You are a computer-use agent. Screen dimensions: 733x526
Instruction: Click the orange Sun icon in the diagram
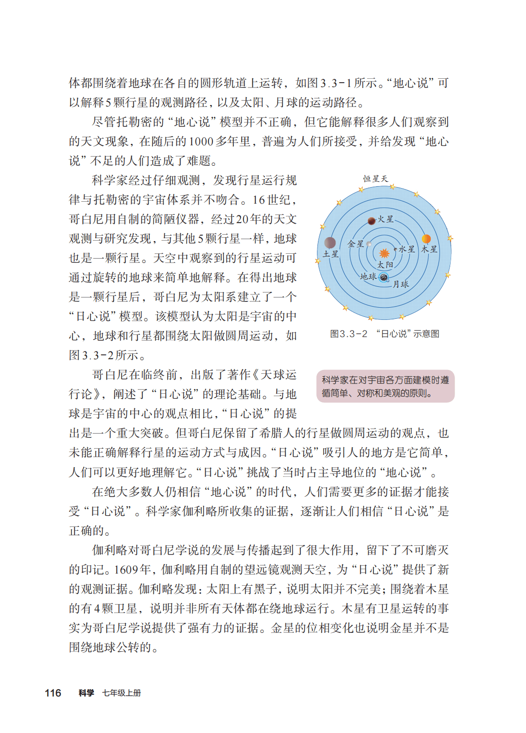tap(384, 253)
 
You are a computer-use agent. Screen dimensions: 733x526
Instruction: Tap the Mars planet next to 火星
tap(372, 221)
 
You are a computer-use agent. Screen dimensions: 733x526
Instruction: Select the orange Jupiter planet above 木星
tap(426, 239)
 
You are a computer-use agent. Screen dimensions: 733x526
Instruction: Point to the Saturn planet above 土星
tap(330, 242)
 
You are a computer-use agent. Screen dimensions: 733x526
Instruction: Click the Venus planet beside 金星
tap(369, 244)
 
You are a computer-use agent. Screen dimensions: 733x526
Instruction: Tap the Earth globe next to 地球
tap(384, 278)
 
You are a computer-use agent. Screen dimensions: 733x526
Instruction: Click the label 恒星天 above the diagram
tap(375, 179)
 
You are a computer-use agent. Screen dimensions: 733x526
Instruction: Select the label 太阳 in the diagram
tap(386, 265)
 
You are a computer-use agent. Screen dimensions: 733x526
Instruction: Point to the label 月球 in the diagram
tap(401, 284)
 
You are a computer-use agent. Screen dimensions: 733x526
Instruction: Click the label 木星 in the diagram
tap(429, 249)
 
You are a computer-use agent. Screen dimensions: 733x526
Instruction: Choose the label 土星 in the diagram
tap(331, 254)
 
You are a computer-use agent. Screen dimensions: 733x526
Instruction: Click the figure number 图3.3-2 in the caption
tap(349, 334)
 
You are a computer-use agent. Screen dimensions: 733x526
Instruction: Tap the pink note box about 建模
tap(385, 386)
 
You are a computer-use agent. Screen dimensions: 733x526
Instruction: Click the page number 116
tap(53, 693)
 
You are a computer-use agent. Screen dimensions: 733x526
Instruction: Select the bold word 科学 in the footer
tap(86, 693)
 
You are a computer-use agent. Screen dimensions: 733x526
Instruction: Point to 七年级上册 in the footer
tap(122, 693)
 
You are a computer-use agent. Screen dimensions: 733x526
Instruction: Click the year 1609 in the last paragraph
tap(125, 570)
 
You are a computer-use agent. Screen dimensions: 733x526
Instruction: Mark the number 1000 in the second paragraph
tap(201, 142)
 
